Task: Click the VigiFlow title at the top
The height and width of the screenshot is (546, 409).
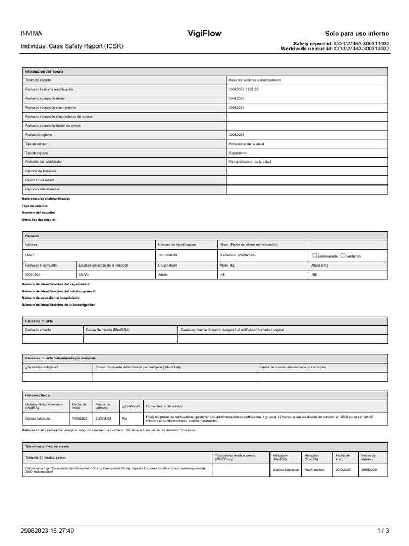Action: pyautogui.click(x=204, y=34)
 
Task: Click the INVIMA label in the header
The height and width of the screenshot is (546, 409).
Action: pyautogui.click(x=32, y=34)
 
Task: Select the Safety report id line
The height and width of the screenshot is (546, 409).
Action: pyautogui.click(x=341, y=43)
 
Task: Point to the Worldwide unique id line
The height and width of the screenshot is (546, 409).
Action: pyautogui.click(x=334, y=49)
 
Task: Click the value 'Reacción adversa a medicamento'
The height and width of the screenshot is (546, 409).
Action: pyautogui.click(x=255, y=80)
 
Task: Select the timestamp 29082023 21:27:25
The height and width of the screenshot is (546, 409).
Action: pyautogui.click(x=243, y=89)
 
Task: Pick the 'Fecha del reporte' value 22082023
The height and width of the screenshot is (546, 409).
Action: pyautogui.click(x=236, y=135)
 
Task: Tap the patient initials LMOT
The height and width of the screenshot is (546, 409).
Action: pyautogui.click(x=30, y=255)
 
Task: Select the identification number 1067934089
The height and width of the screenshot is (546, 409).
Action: pyautogui.click(x=168, y=255)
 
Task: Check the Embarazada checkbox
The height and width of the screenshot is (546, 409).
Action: pyautogui.click(x=314, y=255)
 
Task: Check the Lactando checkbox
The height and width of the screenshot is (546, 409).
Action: pyautogui.click(x=343, y=255)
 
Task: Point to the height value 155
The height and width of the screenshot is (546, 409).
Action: pyautogui.click(x=314, y=274)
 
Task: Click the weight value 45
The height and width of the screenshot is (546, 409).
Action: pyautogui.click(x=223, y=274)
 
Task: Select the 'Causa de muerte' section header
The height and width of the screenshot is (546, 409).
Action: pyautogui.click(x=39, y=321)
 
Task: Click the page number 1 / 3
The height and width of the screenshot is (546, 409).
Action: pyautogui.click(x=383, y=531)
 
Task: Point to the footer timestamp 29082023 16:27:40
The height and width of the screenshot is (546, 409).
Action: pyautogui.click(x=47, y=531)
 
